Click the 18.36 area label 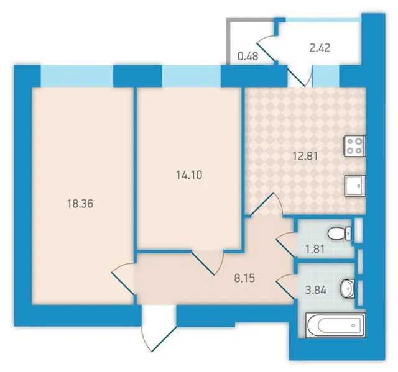[x=80, y=204]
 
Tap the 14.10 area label [x=189, y=175]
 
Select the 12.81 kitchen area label [x=305, y=156]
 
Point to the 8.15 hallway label [x=244, y=278]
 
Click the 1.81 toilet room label [x=315, y=249]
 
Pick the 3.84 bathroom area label [x=316, y=291]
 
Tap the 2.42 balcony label [x=320, y=48]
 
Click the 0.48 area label [x=248, y=57]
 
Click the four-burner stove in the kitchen [x=354, y=146]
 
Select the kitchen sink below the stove [x=355, y=186]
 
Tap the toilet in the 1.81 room [x=340, y=234]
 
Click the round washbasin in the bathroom [x=348, y=288]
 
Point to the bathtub [x=336, y=325]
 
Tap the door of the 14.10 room [x=207, y=263]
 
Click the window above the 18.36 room [x=77, y=76]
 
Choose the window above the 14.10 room [x=192, y=76]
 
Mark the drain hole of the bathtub [x=353, y=325]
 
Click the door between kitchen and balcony [x=300, y=75]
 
